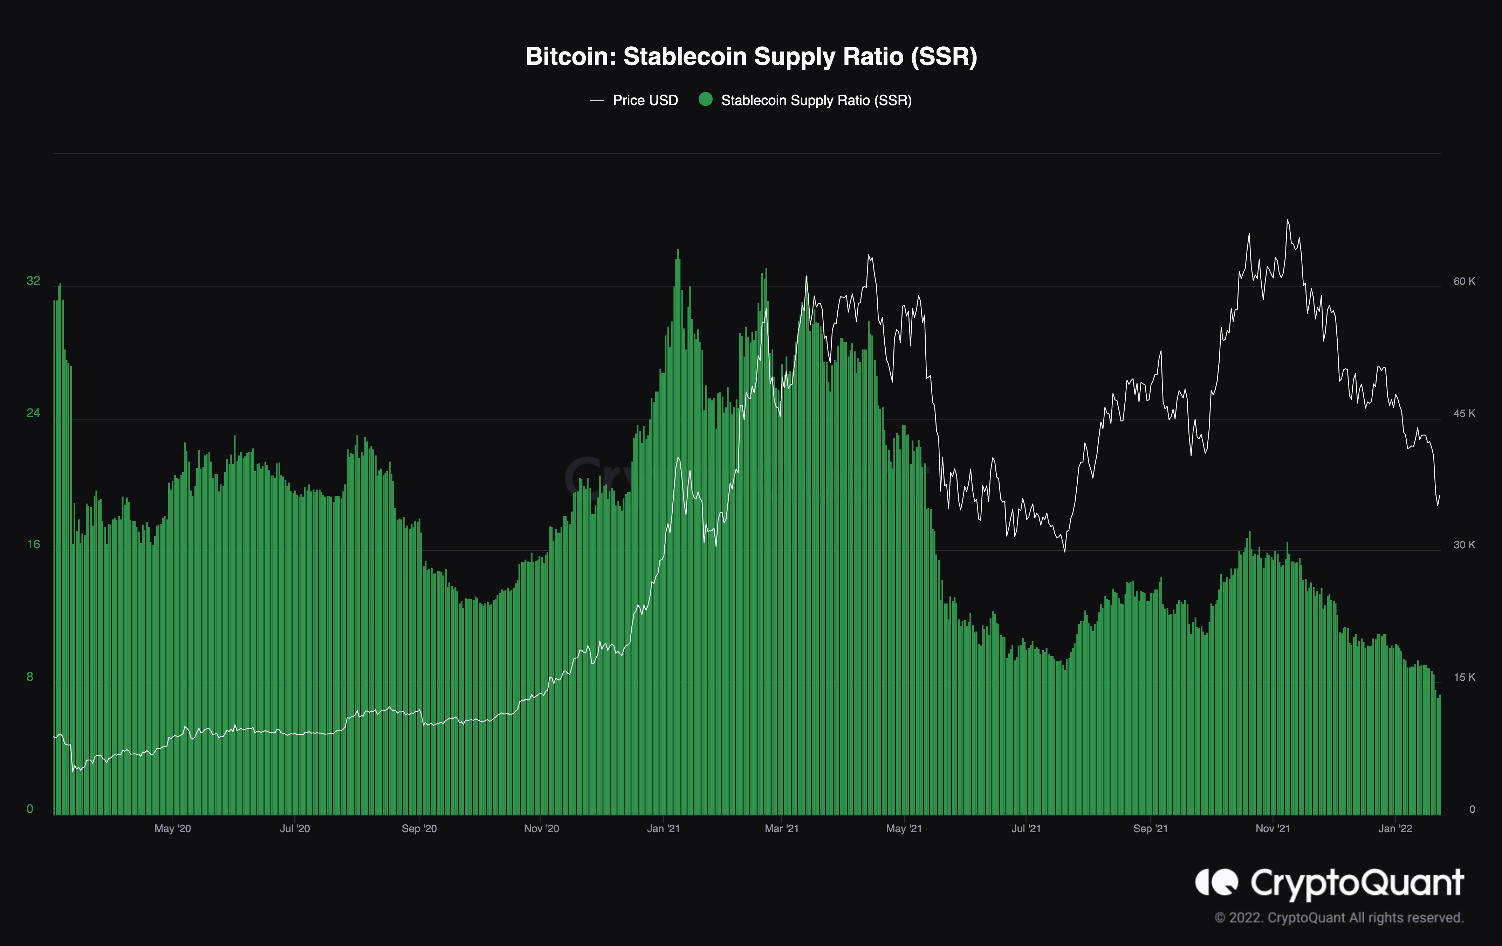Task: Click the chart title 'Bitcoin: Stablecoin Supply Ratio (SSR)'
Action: coord(751,57)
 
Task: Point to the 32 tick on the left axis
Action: coord(33,281)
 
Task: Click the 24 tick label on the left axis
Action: coord(33,413)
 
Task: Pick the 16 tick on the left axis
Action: coord(33,544)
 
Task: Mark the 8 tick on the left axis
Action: coord(30,677)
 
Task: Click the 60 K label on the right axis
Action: coord(1464,281)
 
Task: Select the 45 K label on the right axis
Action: coord(1464,413)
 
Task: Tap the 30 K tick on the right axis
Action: coord(1464,545)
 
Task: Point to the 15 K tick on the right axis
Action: coord(1464,677)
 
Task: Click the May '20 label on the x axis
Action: coord(173,829)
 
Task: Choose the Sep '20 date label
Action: coord(419,829)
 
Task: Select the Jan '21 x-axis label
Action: coord(663,829)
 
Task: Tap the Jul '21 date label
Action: coord(1026,829)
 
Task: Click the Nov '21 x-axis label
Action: coord(1273,829)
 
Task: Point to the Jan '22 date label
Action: coord(1395,829)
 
